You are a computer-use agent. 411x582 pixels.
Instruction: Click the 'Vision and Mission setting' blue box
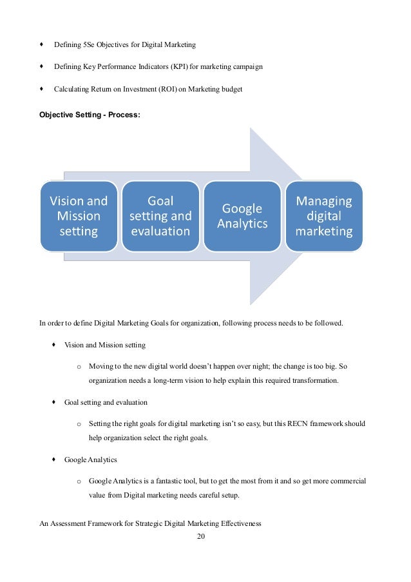tap(79, 216)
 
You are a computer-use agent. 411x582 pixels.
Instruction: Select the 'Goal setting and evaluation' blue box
tap(160, 216)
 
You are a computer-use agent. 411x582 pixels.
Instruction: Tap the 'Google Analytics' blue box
tap(242, 216)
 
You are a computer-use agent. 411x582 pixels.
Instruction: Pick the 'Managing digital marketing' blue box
tap(324, 216)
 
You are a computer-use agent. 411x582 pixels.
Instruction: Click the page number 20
tap(200, 537)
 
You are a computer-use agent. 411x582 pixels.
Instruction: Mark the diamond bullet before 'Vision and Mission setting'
tap(55, 345)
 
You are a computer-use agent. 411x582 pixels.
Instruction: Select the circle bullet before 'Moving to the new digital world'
tap(79, 367)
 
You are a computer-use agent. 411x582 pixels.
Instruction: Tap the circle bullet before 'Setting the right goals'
tap(79, 423)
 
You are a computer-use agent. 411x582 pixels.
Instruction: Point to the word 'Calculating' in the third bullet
tap(71, 89)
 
